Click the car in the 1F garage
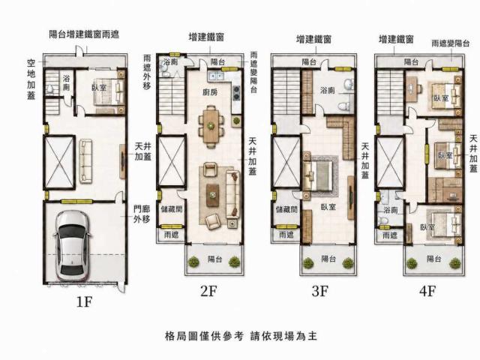pos(72,247)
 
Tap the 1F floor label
pos(84,302)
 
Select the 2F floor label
pos(208,291)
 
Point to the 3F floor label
pos(320,291)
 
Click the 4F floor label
pos(427,291)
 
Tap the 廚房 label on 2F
pos(210,91)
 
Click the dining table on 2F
pos(211,126)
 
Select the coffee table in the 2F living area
pos(212,195)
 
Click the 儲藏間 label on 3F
pos(286,209)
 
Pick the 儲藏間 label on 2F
pos(172,209)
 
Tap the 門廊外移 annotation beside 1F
pos(142,214)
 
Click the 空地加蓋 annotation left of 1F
pos(31,79)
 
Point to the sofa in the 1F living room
pos(85,161)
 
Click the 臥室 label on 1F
pos(99,87)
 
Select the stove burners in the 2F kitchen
pos(236,93)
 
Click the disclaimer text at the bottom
pos(241,336)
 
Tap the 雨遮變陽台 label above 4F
pos(451,43)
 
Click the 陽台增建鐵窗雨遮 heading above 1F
pos(84,34)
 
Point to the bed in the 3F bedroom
pos(318,175)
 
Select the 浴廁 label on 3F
pos(328,90)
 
